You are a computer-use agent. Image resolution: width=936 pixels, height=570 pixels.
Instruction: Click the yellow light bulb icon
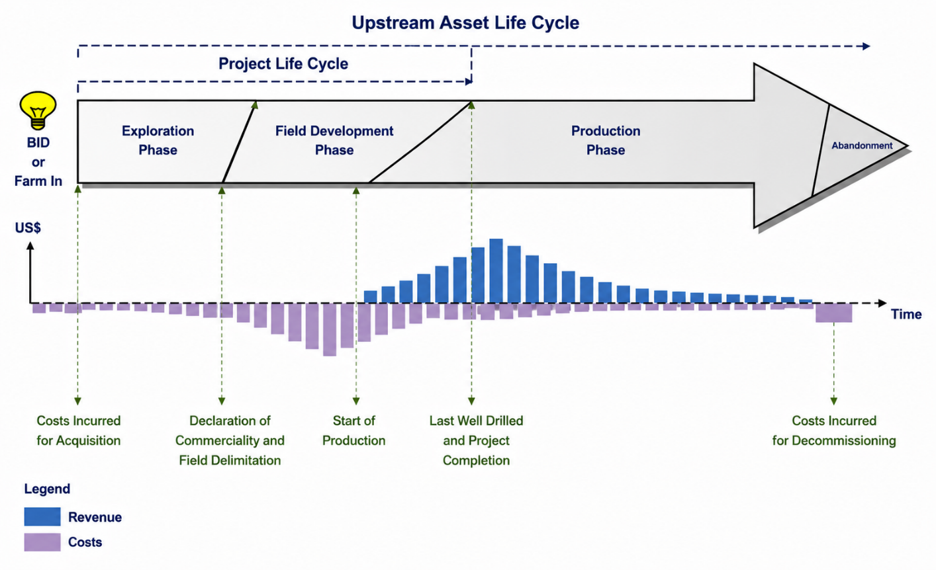click(38, 110)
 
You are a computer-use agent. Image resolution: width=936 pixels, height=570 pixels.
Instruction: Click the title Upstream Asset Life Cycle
click(465, 23)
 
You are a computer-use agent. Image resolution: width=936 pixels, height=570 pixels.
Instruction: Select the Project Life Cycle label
click(283, 64)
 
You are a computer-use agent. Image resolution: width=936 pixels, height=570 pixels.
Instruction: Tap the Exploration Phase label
click(158, 140)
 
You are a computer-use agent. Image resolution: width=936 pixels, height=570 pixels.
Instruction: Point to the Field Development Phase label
click(334, 140)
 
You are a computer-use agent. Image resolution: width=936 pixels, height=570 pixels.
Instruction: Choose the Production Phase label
click(606, 140)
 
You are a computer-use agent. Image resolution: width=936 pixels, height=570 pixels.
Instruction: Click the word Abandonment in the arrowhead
click(862, 145)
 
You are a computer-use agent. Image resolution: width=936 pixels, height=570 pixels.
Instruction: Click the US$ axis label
click(28, 228)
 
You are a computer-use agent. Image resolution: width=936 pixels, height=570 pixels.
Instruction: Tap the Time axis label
click(906, 314)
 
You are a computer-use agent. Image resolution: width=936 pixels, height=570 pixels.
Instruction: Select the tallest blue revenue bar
click(496, 271)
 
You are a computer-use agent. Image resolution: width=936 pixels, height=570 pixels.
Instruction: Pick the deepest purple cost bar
click(330, 330)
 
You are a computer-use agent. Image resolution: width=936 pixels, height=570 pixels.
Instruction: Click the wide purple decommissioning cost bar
click(833, 313)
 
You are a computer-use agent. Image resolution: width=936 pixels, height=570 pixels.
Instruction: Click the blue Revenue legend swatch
click(42, 516)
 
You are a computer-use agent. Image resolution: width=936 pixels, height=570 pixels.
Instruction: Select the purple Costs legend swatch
click(42, 542)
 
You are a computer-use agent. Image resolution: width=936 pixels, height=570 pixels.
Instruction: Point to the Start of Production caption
click(354, 430)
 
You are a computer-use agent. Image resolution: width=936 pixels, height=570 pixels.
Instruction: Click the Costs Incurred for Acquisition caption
click(79, 430)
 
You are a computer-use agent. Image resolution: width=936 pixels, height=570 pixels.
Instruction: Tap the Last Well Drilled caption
click(477, 421)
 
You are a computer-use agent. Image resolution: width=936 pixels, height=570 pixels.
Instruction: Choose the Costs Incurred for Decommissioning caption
click(834, 430)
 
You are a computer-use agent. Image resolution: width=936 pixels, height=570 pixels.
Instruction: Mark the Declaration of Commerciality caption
click(230, 430)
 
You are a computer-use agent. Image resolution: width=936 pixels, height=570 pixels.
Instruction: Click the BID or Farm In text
click(38, 162)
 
